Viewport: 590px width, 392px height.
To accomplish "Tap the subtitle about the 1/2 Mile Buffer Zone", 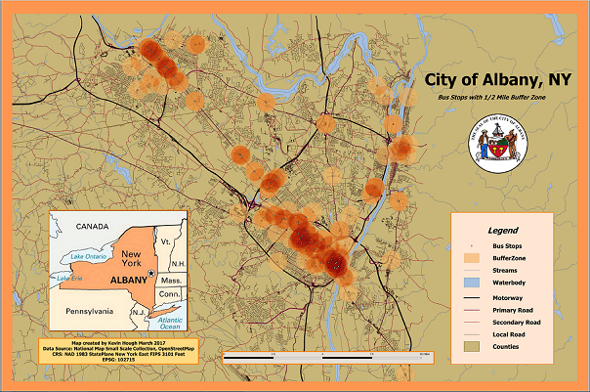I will tap(488, 102).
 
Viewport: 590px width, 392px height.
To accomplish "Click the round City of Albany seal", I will tap(502, 144).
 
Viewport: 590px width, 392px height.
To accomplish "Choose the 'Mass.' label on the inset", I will tap(172, 280).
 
